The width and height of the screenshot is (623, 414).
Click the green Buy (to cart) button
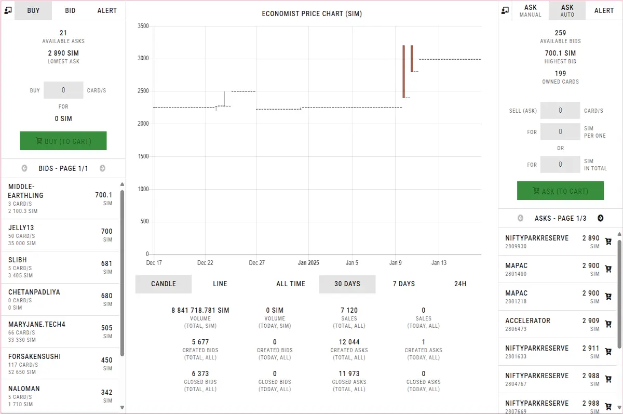pyautogui.click(x=63, y=141)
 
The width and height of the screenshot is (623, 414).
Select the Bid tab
pyautogui.click(x=70, y=10)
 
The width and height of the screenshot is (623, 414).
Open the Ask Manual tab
pyautogui.click(x=531, y=10)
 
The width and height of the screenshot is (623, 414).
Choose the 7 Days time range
pyautogui.click(x=403, y=284)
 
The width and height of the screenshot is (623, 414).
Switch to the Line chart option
pyautogui.click(x=220, y=284)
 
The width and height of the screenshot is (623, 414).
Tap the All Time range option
pyautogui.click(x=291, y=284)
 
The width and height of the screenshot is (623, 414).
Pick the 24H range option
pyautogui.click(x=460, y=284)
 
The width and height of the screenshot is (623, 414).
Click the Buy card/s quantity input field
pyautogui.click(x=63, y=90)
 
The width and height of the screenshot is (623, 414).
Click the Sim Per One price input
pyautogui.click(x=560, y=131)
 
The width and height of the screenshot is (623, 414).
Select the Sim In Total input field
pyautogui.click(x=560, y=165)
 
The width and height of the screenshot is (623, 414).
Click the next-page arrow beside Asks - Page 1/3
pyautogui.click(x=601, y=218)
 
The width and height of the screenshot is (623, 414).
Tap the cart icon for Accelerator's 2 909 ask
pyautogui.click(x=608, y=324)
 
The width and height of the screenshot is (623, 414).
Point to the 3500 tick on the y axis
pyautogui.click(x=143, y=26)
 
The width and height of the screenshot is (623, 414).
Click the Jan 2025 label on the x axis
pyautogui.click(x=308, y=263)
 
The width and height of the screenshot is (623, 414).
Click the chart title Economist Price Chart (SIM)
pyautogui.click(x=312, y=14)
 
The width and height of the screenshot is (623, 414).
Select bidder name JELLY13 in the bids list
pyautogui.click(x=21, y=228)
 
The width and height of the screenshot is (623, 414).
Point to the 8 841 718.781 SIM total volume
pyautogui.click(x=200, y=310)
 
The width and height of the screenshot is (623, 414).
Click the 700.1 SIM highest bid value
pyautogui.click(x=560, y=53)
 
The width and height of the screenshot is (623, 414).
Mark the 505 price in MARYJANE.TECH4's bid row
pyautogui.click(x=107, y=328)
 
